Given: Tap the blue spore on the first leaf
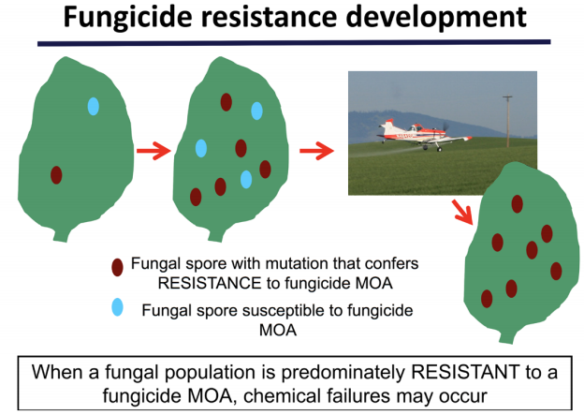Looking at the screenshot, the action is pyautogui.click(x=93, y=106).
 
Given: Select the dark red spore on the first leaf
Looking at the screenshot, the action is pyautogui.click(x=56, y=175).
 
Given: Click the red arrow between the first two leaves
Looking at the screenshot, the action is pyautogui.click(x=153, y=151).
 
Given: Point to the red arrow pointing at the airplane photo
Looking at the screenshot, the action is pyautogui.click(x=317, y=151).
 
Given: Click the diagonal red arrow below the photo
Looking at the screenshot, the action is pyautogui.click(x=462, y=212).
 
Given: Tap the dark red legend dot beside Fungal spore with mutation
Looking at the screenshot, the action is pyautogui.click(x=117, y=267).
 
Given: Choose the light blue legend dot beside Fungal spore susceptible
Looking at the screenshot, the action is pyautogui.click(x=117, y=307).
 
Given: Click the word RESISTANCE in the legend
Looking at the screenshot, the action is pyautogui.click(x=210, y=283).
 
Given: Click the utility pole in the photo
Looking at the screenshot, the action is pyautogui.click(x=507, y=122).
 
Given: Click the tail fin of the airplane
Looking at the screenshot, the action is pyautogui.click(x=387, y=126).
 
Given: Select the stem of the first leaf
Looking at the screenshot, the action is pyautogui.click(x=62, y=235).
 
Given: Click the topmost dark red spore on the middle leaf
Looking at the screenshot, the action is pyautogui.click(x=226, y=102).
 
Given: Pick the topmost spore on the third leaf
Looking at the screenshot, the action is pyautogui.click(x=517, y=204).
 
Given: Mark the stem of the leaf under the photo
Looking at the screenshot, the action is pyautogui.click(x=507, y=336).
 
